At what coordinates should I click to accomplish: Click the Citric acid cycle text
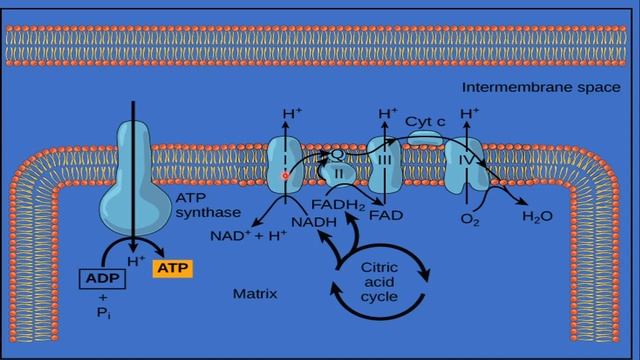click(381, 281)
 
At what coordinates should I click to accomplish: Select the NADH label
click(312, 221)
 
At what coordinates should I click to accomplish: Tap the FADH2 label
click(342, 204)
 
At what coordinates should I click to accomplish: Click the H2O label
click(538, 215)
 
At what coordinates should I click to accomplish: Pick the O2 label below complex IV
click(468, 217)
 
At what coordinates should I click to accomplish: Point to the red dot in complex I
click(285, 177)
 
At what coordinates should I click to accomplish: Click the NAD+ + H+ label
click(248, 237)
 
